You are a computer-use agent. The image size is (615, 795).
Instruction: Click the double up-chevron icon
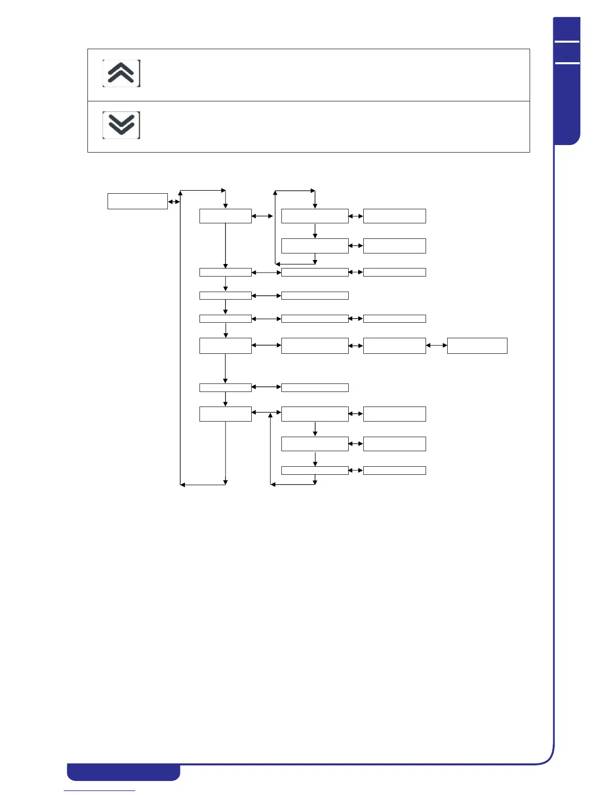point(121,73)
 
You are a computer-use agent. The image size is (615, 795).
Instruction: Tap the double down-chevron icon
point(121,125)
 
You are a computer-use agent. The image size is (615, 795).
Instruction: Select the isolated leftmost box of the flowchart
point(137,201)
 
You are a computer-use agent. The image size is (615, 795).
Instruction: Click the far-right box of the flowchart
point(477,346)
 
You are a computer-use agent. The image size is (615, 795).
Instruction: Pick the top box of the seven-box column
point(225,216)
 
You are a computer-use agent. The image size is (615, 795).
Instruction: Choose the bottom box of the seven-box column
point(225,414)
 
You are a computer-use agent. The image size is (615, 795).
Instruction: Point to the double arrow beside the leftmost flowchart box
point(174,202)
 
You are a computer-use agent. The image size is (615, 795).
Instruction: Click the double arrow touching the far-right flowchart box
point(436,345)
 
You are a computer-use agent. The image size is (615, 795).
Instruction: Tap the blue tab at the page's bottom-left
point(124,772)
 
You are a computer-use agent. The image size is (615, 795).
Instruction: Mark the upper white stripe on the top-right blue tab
point(567,42)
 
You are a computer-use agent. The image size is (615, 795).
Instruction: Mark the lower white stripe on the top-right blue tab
point(567,63)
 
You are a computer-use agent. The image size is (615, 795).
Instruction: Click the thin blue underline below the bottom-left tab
point(99,790)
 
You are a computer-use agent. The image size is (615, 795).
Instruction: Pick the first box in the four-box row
point(225,346)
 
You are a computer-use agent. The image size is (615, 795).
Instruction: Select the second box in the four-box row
point(315,346)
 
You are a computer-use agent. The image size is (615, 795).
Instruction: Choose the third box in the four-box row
point(394,346)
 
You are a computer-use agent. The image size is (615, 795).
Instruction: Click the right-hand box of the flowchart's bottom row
point(394,470)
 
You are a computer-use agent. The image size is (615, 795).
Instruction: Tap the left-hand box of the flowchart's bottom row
point(315,470)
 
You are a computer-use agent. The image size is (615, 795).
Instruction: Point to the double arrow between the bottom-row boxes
point(356,470)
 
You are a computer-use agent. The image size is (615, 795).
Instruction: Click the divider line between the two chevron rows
point(309,101)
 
